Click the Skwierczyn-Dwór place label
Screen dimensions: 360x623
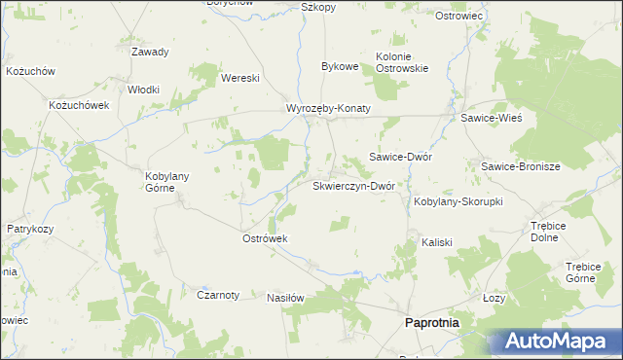(351, 186)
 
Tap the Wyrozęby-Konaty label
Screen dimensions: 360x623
(328, 109)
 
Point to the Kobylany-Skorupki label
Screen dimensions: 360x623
(458, 201)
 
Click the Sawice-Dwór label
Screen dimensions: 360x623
(400, 157)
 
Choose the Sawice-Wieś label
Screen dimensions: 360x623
(492, 118)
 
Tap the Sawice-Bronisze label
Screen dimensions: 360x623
(520, 166)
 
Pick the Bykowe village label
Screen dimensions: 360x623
(341, 67)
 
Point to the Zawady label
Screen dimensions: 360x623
(150, 53)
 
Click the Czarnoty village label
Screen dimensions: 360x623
(218, 295)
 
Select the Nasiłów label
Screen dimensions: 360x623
(286, 298)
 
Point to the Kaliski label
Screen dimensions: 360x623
(436, 241)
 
